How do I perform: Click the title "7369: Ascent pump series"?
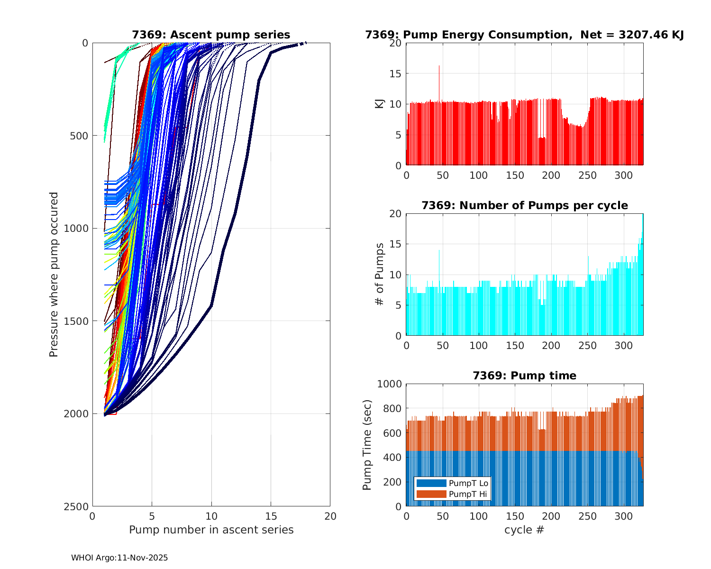click(x=211, y=35)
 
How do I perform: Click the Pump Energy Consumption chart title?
click(x=524, y=35)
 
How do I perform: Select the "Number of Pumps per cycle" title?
click(x=524, y=205)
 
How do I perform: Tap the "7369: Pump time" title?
click(x=524, y=376)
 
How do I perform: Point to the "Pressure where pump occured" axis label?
click(x=54, y=275)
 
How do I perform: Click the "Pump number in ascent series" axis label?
click(x=211, y=530)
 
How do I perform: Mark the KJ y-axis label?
click(x=379, y=104)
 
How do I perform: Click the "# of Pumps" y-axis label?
click(x=379, y=275)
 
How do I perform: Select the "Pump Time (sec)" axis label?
click(x=367, y=445)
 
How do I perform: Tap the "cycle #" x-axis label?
click(x=524, y=530)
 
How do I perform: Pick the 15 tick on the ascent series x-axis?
click(x=271, y=516)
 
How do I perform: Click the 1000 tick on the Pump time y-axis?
click(x=389, y=384)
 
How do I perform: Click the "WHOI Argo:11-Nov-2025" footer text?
click(x=119, y=558)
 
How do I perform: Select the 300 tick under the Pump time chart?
click(x=623, y=516)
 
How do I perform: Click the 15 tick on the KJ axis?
click(x=396, y=73)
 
